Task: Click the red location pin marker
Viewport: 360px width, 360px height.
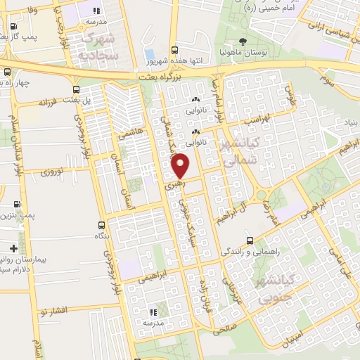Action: pos(181,166)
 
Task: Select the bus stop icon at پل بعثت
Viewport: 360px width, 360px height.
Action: pos(76,89)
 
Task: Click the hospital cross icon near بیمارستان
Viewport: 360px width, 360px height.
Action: pos(14,248)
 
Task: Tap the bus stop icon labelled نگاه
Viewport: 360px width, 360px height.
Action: pos(102,226)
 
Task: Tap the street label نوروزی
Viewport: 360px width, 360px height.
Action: pos(51,172)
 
